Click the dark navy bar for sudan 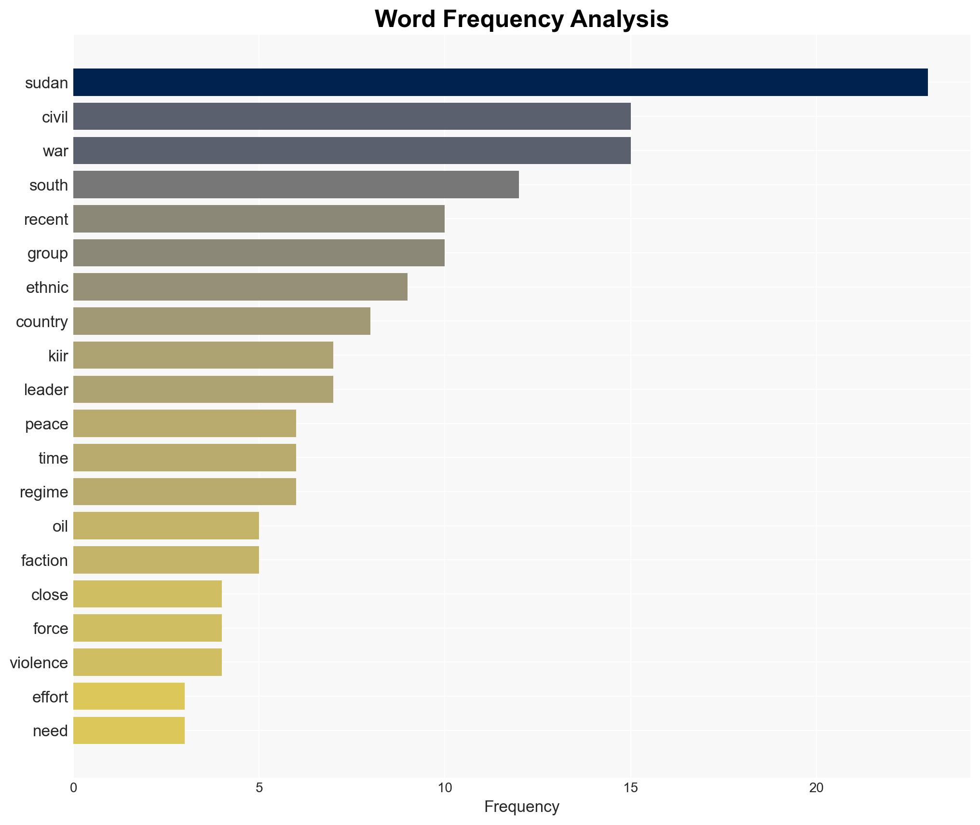click(500, 82)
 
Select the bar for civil click(352, 117)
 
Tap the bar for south click(296, 185)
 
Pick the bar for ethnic click(240, 287)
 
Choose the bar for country click(221, 321)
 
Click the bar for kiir click(203, 356)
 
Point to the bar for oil click(166, 526)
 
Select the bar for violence click(147, 662)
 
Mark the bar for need click(129, 730)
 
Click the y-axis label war click(55, 151)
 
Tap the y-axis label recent click(46, 220)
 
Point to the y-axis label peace click(46, 424)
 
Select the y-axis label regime click(44, 492)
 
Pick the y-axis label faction click(44, 561)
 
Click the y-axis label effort click(50, 697)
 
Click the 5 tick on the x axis click(259, 788)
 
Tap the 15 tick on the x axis click(630, 788)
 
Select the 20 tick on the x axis click(816, 788)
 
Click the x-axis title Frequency click(521, 807)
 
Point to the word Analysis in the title click(619, 19)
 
